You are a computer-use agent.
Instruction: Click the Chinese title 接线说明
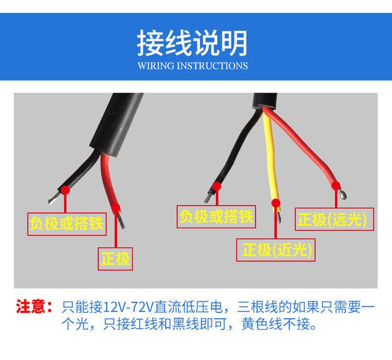click(192, 43)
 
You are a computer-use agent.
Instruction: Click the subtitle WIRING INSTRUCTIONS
click(192, 66)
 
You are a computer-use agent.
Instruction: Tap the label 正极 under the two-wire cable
click(116, 259)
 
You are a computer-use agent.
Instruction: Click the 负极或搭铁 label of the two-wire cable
click(66, 223)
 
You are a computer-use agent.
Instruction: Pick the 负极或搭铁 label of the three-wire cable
click(216, 216)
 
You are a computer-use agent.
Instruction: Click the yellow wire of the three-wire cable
click(271, 160)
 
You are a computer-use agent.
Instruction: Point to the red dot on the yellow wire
click(276, 203)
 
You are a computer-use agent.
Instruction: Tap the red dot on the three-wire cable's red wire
click(336, 186)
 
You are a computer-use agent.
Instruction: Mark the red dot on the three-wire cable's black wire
click(217, 186)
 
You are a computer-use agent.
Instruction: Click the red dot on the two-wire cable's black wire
click(65, 190)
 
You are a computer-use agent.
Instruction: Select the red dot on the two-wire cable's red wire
click(116, 207)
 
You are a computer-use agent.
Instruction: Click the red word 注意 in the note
click(31, 306)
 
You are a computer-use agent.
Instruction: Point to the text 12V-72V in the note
click(128, 307)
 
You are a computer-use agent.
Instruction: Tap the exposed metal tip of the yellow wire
click(279, 217)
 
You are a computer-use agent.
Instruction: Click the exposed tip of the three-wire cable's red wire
click(343, 194)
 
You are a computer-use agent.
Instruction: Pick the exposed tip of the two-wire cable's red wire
click(121, 220)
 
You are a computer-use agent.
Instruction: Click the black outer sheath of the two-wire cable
click(117, 125)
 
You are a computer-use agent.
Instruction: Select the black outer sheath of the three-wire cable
click(265, 101)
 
